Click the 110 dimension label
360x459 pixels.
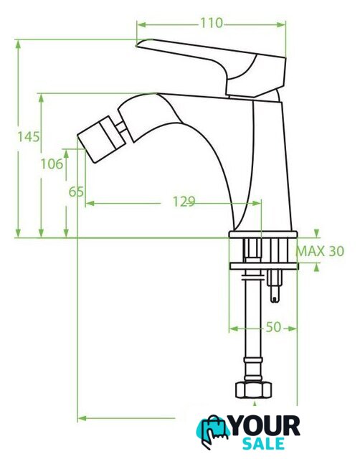click(x=212, y=23)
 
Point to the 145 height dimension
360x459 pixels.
click(x=29, y=136)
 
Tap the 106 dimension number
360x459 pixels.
click(x=52, y=164)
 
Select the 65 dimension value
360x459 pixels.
click(x=76, y=192)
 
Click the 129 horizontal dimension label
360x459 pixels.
click(x=184, y=202)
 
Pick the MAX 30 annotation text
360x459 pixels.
click(x=320, y=251)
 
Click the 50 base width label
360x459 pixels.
click(x=273, y=327)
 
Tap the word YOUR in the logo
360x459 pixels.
click(x=265, y=426)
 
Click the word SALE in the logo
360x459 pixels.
click(x=263, y=443)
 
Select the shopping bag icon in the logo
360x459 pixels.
click(x=213, y=431)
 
